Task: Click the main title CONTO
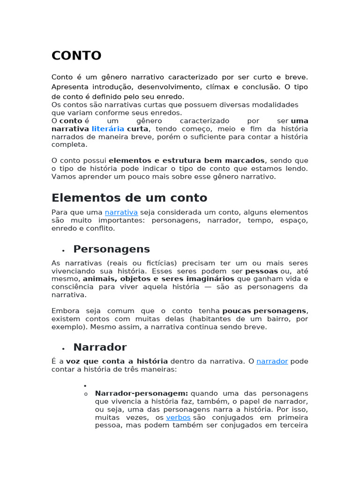(76, 56)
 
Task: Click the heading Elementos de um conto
(129, 197)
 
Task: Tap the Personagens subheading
(112, 249)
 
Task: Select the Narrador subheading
(100, 347)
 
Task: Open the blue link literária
(108, 129)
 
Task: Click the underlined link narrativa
(121, 212)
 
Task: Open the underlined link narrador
(272, 361)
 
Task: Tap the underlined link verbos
(178, 418)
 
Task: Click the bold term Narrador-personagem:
(142, 393)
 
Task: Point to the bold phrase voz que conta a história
(117, 361)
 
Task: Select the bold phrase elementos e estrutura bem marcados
(187, 160)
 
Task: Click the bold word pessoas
(262, 271)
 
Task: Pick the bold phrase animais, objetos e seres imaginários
(158, 279)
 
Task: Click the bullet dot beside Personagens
(63, 251)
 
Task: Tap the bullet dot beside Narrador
(63, 349)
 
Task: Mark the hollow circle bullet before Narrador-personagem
(86, 394)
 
